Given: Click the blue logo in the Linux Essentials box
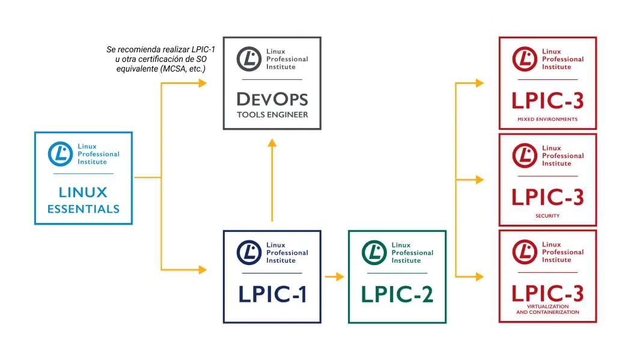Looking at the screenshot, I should pos(60,154).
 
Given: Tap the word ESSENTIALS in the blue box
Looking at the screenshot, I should pos(84,210).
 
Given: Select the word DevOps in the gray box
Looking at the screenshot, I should pos(272,99).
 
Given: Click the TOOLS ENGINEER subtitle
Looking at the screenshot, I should pos(272,115).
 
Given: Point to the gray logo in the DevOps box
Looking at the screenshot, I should pos(249,59).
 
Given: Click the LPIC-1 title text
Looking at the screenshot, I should pos(272,294).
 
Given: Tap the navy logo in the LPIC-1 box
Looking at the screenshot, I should pos(249,252).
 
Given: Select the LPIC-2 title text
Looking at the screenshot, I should pos(397,294).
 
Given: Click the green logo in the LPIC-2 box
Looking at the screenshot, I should pos(374,252).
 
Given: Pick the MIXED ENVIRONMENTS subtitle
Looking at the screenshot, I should pos(547,120).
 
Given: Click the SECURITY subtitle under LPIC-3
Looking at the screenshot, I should pos(547,216).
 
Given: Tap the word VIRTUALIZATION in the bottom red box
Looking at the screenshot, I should pos(547,307).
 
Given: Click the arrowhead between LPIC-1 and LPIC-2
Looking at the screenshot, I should pos(340,276).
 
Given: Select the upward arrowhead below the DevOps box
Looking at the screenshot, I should pos(272,143).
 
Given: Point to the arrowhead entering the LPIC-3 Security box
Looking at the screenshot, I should pos(480,180).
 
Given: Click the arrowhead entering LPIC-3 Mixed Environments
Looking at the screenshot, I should pos(480,83).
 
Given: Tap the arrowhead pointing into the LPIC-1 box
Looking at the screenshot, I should pos(203,270).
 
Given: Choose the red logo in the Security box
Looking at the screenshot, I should pos(525,155).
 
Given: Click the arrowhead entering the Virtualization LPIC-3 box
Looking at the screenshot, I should pos(480,276).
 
